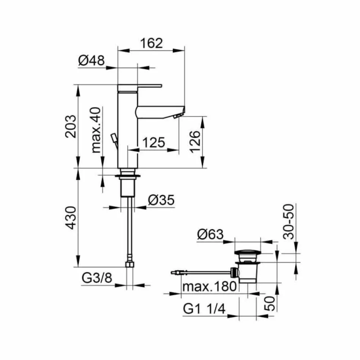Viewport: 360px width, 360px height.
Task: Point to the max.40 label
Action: coord(96,130)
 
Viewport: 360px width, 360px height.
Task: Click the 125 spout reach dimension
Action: coord(153,143)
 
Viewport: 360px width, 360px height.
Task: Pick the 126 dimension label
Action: coord(194,142)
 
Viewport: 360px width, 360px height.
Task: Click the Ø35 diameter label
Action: coord(161,200)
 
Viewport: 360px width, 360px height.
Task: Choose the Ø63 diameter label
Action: coord(210,235)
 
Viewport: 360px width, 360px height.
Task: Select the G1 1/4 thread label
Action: coord(204,310)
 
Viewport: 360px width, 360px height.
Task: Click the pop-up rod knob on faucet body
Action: coord(113,137)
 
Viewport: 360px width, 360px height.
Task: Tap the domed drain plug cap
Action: coord(247,253)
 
